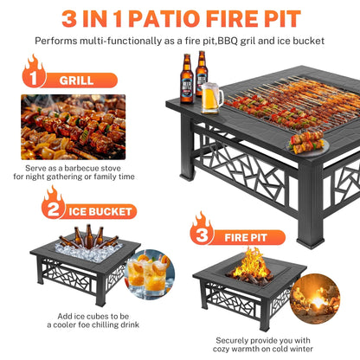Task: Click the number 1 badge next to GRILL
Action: pyautogui.click(x=32, y=79)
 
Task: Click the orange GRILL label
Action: pyautogui.click(x=76, y=80)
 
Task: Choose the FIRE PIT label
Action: pyautogui.click(x=246, y=234)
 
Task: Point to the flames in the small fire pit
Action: pyautogui.click(x=253, y=261)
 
